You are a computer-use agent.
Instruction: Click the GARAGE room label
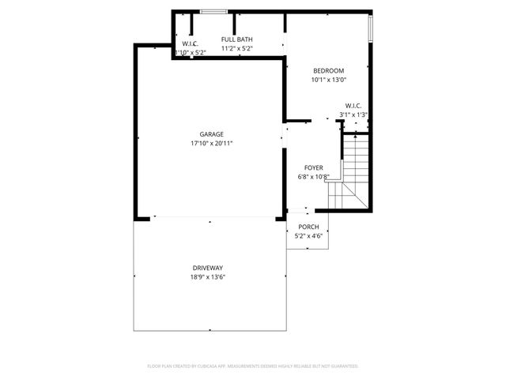tap(211, 134)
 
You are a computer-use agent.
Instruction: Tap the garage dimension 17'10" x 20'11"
tap(211, 144)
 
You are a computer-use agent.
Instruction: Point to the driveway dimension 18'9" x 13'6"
tap(209, 276)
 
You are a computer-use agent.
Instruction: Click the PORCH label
tap(308, 227)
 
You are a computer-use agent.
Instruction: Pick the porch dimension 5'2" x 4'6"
tap(308, 235)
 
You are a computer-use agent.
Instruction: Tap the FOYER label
tap(313, 167)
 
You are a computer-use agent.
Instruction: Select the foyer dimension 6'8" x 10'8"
tap(313, 176)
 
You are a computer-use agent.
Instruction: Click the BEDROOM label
tap(329, 70)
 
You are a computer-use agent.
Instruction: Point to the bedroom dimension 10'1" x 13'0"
tap(329, 79)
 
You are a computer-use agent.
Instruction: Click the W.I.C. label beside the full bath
tap(190, 43)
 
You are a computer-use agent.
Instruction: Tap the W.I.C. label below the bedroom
tap(353, 106)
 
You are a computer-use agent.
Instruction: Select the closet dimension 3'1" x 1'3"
tap(353, 114)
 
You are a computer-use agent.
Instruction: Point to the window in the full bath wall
tap(212, 11)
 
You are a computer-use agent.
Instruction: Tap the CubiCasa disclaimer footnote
tap(253, 366)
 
